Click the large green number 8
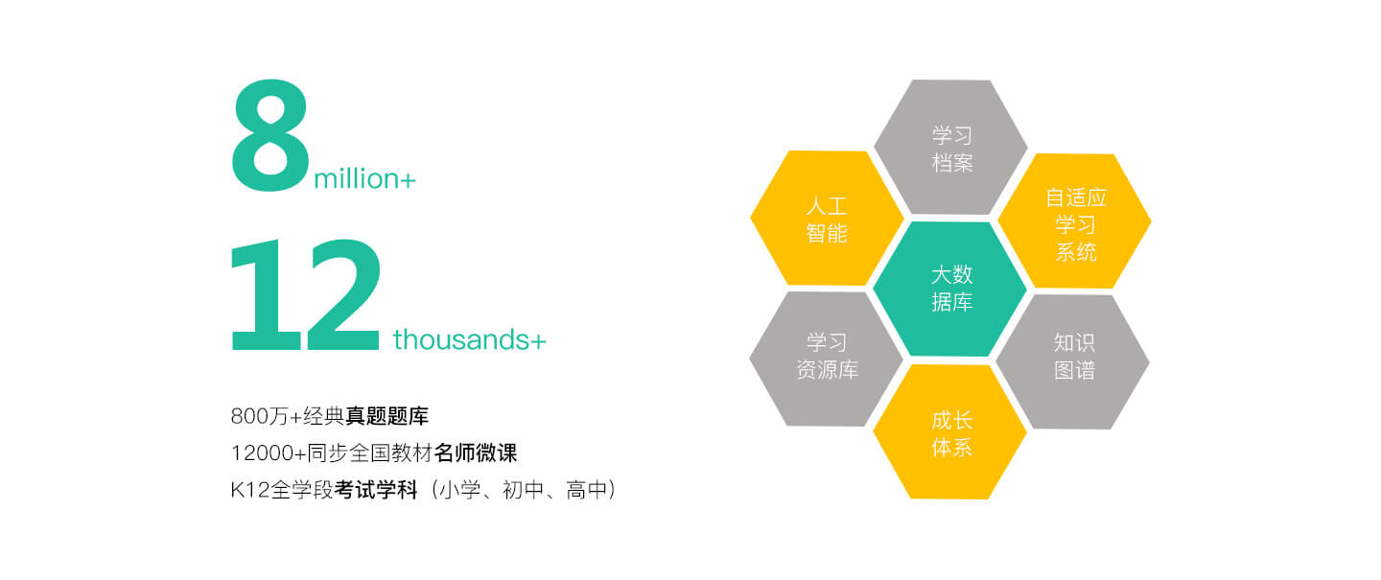[270, 135]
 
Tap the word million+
[365, 178]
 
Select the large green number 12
[305, 294]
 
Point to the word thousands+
[469, 339]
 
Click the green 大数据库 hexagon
[950, 289]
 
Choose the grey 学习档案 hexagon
[950, 147]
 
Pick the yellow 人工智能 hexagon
[827, 218]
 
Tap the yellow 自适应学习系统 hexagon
[1074, 220]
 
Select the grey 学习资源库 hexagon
[826, 359]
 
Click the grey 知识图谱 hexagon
[1073, 361]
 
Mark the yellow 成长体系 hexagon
[950, 431]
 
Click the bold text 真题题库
[386, 416]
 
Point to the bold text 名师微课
[476, 453]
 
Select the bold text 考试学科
[376, 490]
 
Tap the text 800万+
[267, 417]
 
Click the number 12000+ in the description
[269, 453]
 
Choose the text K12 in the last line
[250, 491]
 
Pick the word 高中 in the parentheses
[586, 490]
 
